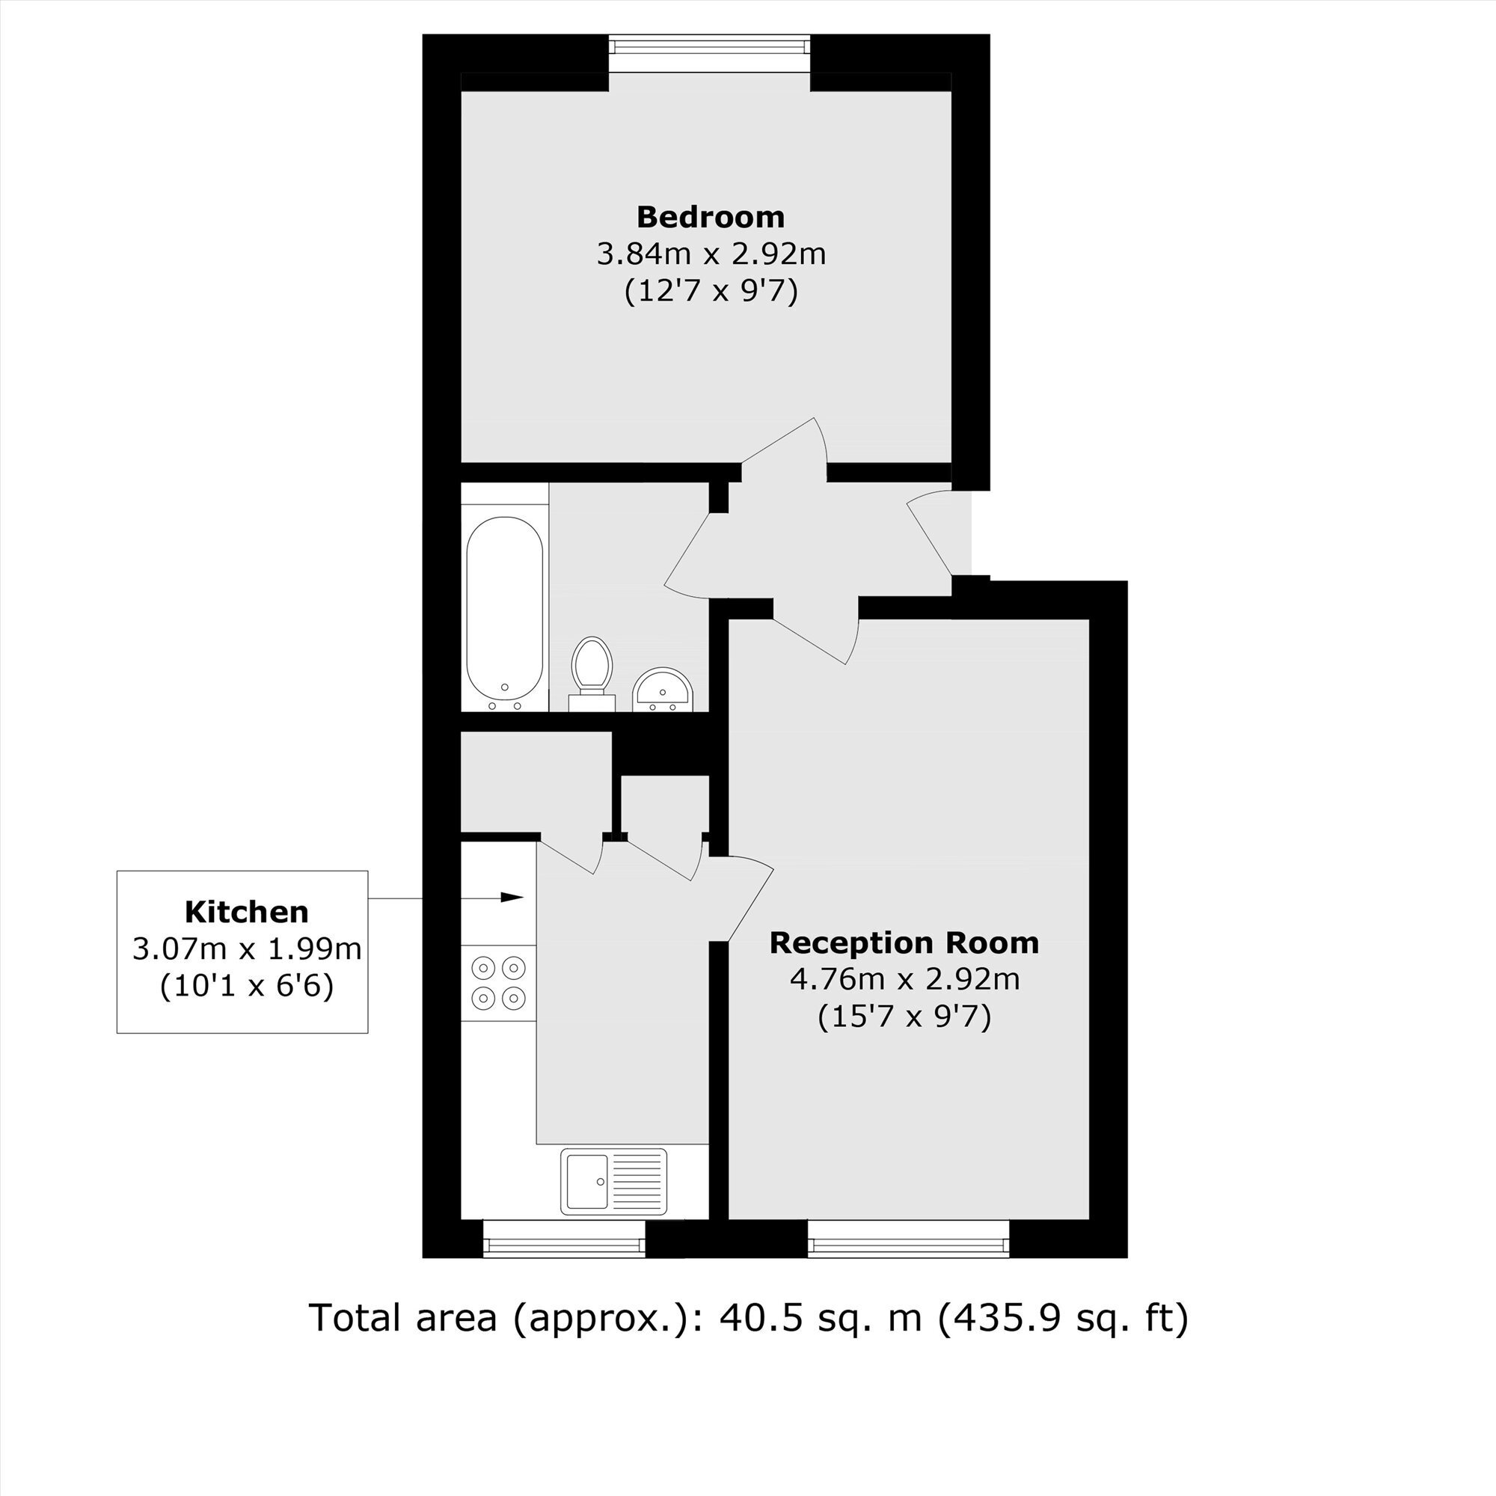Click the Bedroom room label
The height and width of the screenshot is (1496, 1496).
[x=711, y=217]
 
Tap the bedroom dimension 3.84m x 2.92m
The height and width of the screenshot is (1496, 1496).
[x=711, y=254]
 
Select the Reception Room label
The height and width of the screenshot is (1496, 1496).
[x=904, y=942]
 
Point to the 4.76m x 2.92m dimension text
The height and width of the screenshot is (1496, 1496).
[x=904, y=980]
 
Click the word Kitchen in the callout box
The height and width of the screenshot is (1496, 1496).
[x=246, y=912]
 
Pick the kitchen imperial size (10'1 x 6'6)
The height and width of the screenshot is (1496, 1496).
[x=246, y=986]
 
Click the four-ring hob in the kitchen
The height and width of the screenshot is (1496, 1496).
[x=499, y=983]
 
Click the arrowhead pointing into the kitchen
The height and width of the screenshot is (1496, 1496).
[x=512, y=898]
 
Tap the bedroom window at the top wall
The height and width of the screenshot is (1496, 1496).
[x=709, y=45]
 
